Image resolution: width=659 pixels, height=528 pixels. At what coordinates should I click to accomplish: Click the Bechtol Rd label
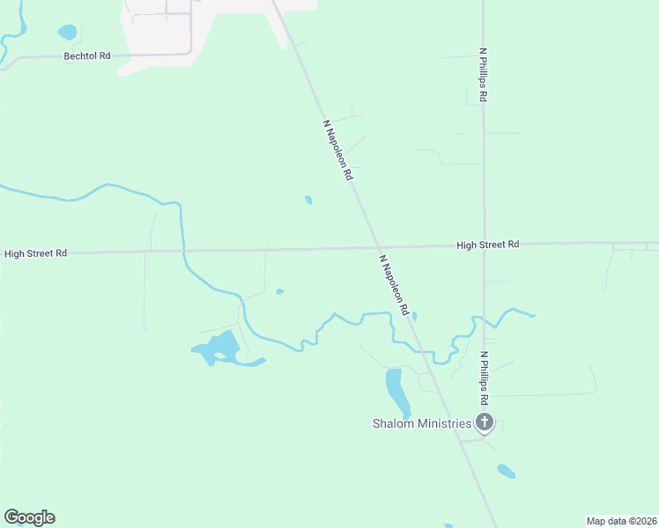point(86,56)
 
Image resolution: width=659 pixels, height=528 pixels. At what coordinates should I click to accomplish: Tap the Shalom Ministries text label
point(420,424)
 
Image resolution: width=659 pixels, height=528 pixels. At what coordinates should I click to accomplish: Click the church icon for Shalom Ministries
point(484,423)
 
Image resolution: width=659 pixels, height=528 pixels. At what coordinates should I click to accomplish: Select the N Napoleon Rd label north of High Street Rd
point(338,150)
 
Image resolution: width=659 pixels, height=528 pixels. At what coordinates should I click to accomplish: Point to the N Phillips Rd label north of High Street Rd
point(483,76)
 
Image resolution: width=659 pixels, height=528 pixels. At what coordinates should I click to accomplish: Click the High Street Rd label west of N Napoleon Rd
point(35,253)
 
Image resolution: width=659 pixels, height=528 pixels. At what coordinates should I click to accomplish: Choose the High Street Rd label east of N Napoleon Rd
point(487,245)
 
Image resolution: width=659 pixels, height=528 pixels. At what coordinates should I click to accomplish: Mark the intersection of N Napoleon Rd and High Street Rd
point(378,247)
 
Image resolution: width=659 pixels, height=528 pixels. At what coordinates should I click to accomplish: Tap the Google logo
point(29,517)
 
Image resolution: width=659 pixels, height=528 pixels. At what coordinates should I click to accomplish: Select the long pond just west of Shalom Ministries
point(396,391)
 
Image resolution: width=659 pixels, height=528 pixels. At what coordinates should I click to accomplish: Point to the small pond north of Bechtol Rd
point(67,33)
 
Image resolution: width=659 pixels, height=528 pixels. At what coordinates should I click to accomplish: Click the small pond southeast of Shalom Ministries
point(506,471)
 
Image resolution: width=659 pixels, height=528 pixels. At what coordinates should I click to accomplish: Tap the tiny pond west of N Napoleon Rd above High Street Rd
point(308,200)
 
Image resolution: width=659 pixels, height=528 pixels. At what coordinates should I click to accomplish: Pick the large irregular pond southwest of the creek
point(218,350)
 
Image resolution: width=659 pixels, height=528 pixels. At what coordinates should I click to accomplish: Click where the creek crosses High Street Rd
point(183,252)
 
